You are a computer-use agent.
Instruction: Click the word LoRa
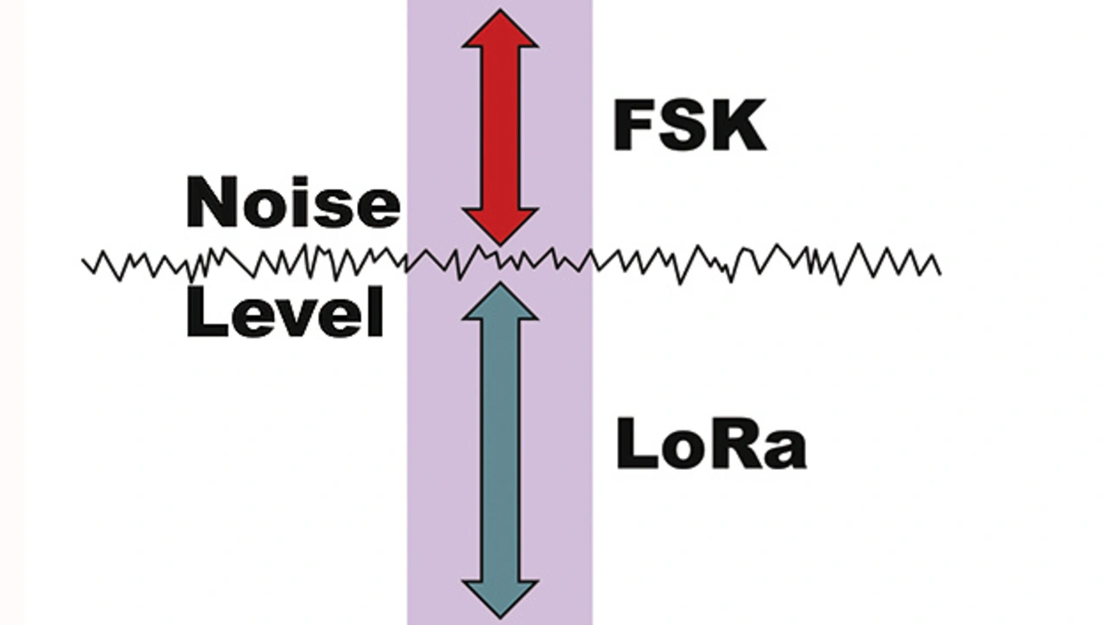(x=710, y=446)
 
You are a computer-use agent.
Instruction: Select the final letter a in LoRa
(x=786, y=451)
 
